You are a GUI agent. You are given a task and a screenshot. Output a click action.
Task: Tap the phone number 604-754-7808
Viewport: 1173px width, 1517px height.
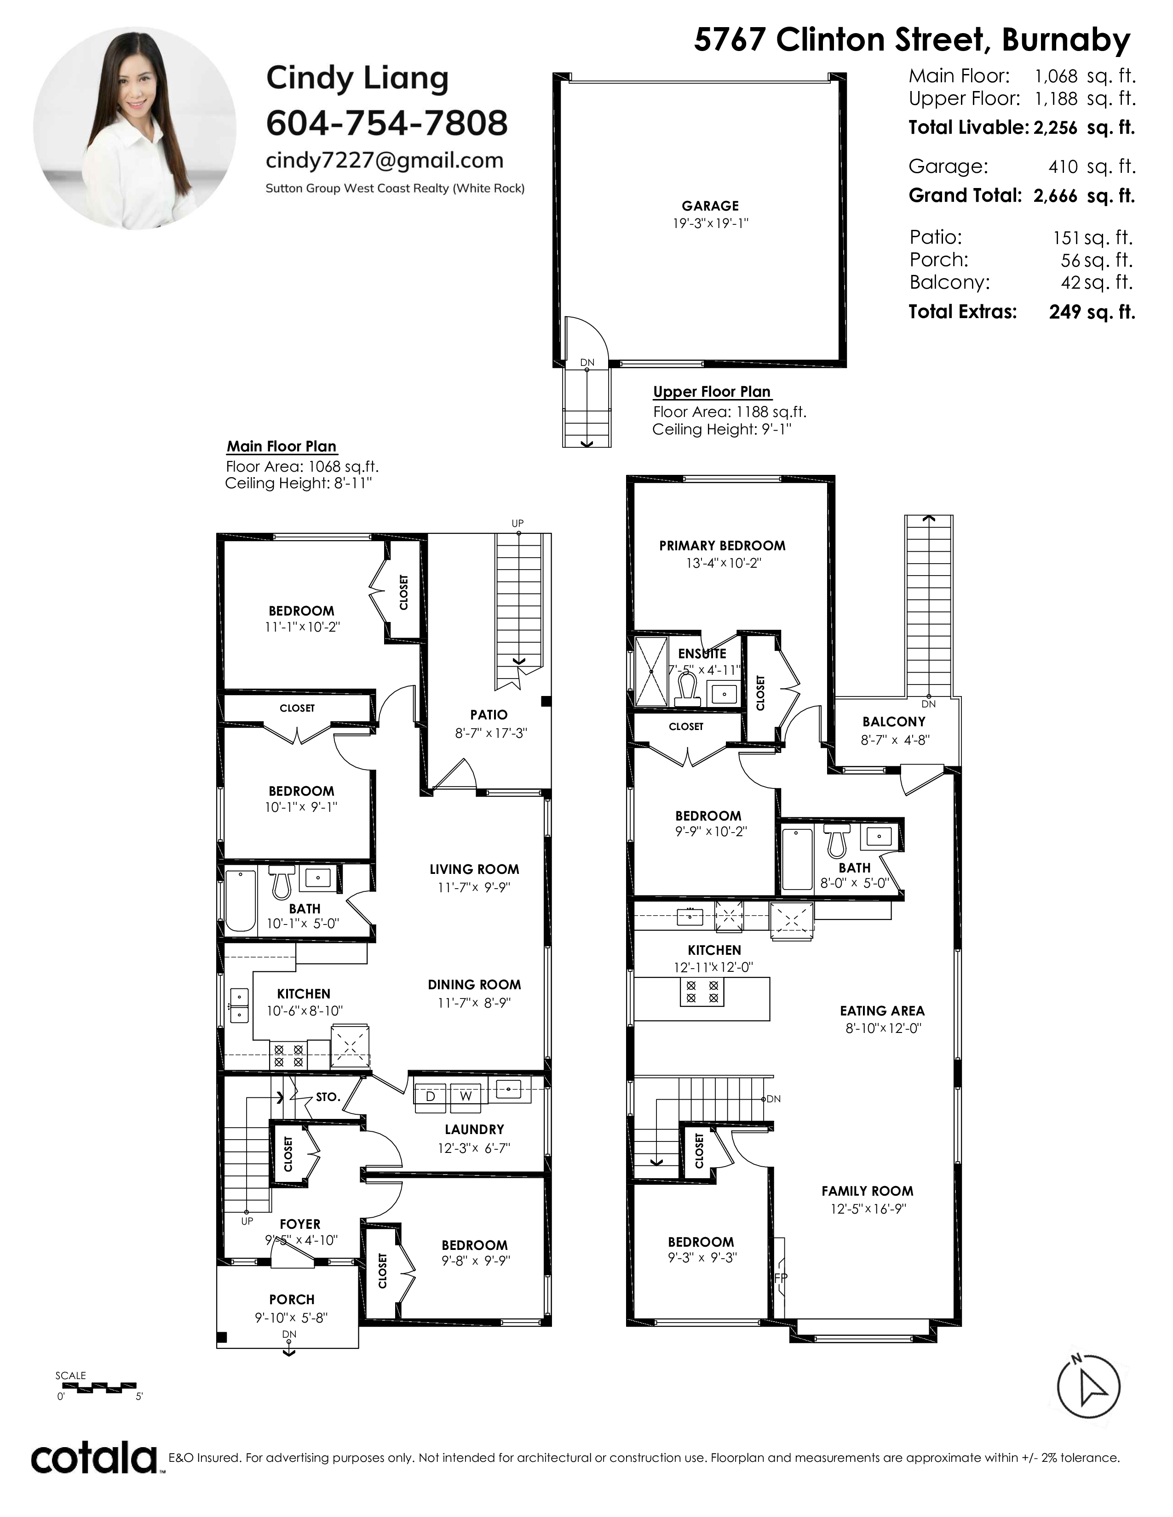click(386, 123)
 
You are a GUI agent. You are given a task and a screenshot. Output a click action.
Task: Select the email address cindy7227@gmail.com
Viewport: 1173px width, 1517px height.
click(384, 160)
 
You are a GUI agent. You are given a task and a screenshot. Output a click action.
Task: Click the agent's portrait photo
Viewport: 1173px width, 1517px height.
click(134, 129)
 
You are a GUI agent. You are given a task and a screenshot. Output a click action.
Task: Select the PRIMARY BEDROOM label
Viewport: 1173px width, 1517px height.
click(722, 546)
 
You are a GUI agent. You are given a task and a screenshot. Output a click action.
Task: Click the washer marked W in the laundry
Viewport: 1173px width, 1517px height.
click(466, 1095)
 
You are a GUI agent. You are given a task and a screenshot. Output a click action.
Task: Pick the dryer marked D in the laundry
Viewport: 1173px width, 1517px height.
click(430, 1095)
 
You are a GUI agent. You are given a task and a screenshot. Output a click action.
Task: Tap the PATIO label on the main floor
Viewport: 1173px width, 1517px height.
click(489, 715)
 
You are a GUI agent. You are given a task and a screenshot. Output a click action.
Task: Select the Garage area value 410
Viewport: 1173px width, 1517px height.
click(1063, 167)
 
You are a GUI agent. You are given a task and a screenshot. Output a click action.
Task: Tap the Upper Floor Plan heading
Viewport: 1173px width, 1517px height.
click(712, 392)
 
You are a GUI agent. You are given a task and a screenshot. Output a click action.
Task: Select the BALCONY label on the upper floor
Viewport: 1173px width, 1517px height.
click(894, 722)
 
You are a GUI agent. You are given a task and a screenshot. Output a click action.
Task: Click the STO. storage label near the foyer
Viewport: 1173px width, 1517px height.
click(328, 1097)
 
